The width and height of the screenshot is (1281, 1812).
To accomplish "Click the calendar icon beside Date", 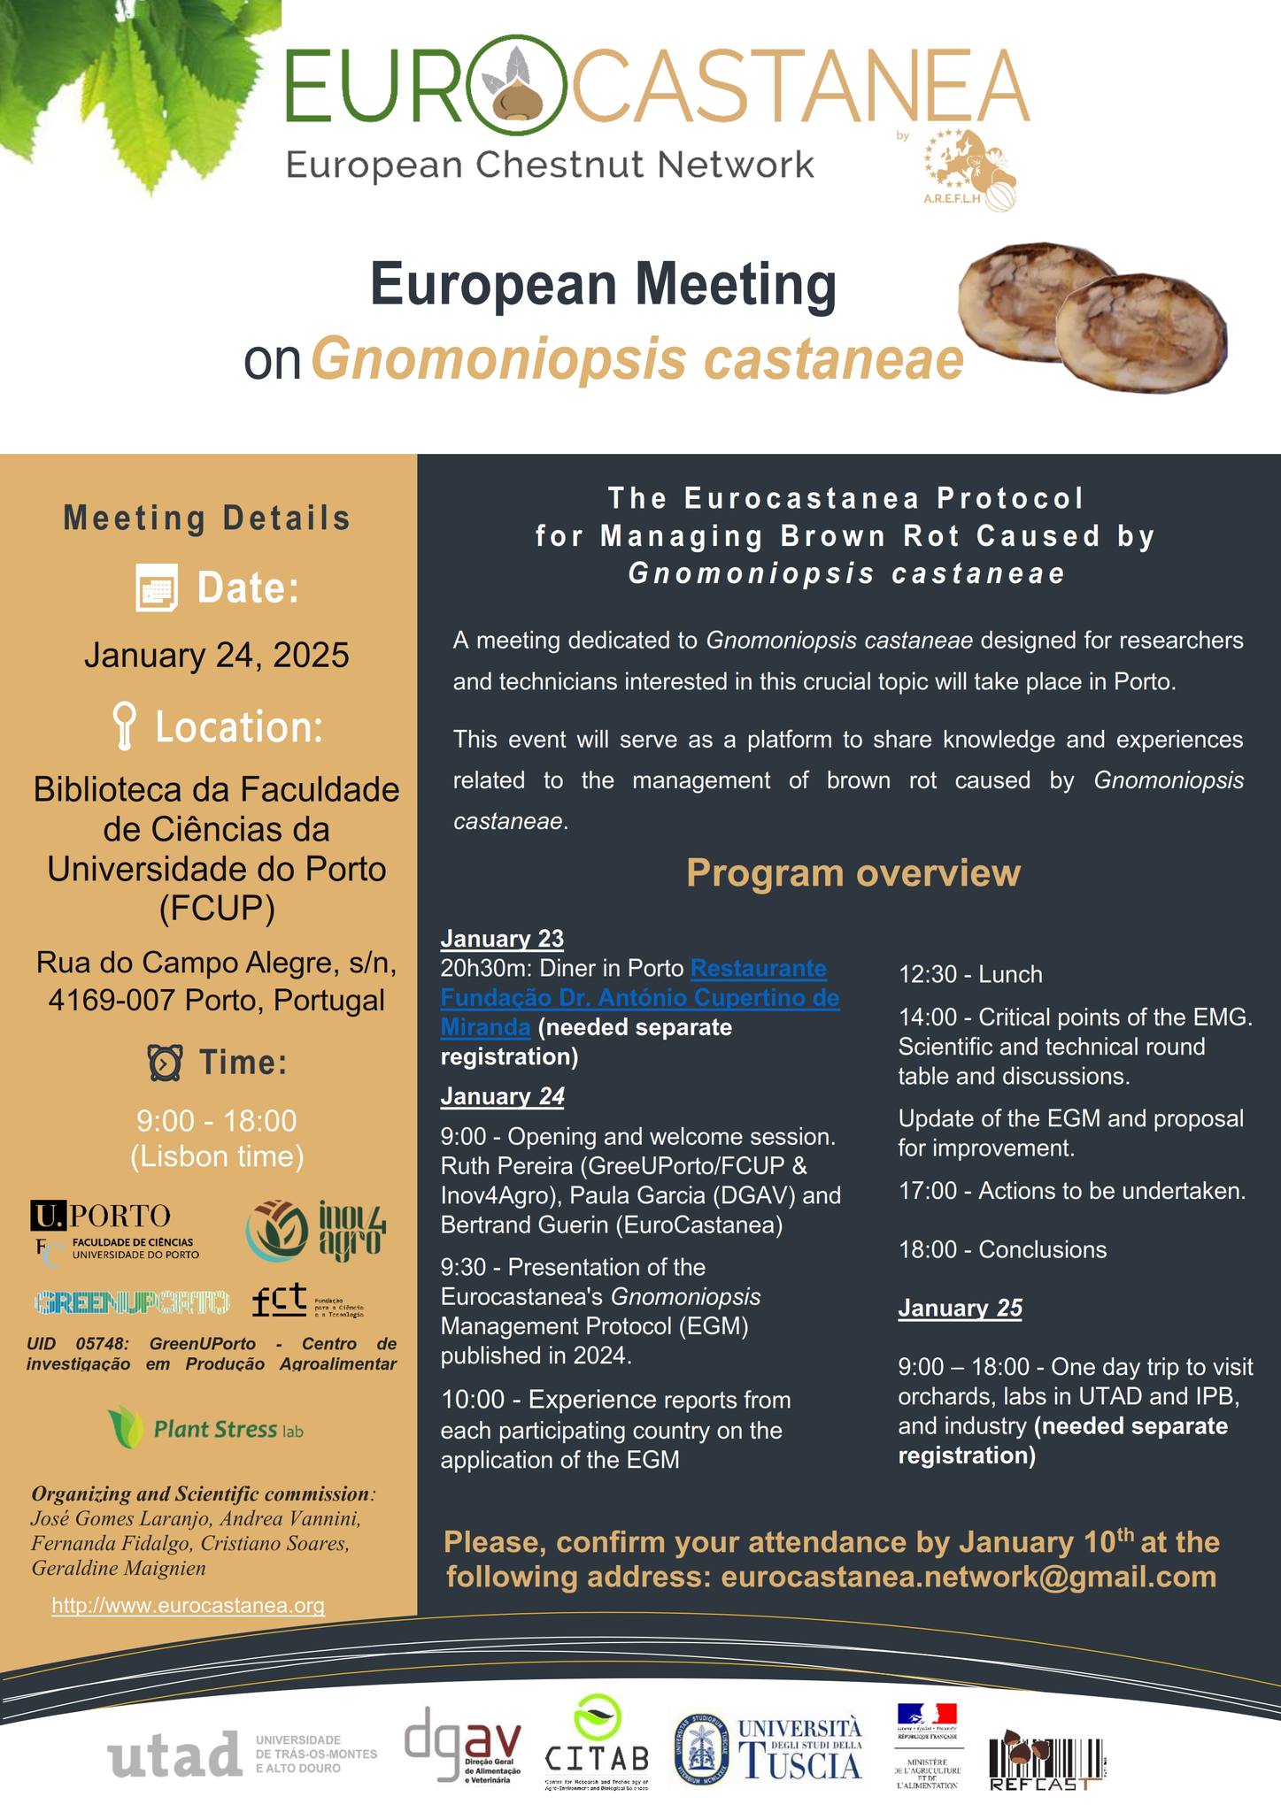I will coord(157,588).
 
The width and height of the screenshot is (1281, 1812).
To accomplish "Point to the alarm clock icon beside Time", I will coord(166,1063).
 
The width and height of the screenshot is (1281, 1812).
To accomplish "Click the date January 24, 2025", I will coord(216,656).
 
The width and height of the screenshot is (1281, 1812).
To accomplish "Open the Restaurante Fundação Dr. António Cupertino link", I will coord(639,997).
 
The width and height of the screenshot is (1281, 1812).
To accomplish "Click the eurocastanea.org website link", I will coord(189,1605).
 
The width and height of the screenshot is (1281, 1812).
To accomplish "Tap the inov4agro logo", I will coord(316,1230).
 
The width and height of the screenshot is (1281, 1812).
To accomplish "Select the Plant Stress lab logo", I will coord(206,1428).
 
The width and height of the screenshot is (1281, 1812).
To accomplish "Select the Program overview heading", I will coord(853,873).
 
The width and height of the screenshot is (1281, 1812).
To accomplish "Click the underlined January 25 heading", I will coord(960,1308).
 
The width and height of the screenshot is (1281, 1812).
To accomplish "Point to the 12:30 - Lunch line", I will coord(970,975).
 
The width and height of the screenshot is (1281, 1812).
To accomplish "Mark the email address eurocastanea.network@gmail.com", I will coord(968,1577).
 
